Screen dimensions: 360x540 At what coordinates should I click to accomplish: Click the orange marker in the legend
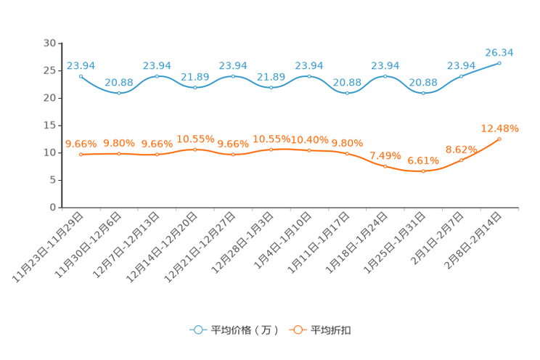297,330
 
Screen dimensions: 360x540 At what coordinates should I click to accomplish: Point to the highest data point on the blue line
499,63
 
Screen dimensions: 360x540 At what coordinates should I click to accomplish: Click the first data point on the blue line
81,75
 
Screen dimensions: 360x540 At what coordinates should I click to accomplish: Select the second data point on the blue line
119,93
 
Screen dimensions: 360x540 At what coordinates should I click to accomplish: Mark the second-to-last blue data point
461,75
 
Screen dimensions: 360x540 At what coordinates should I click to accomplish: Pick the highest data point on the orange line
499,139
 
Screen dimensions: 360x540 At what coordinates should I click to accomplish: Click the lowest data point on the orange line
423,171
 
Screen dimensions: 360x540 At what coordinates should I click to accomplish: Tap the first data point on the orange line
81,154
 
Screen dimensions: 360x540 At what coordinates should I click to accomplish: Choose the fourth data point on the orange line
195,149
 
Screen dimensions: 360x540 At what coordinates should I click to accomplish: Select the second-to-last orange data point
461,160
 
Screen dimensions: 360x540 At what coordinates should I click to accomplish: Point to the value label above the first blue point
81,65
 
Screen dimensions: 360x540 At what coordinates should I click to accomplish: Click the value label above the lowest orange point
423,160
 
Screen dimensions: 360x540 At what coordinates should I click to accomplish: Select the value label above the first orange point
81,144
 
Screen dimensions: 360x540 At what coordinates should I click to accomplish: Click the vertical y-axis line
60,123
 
